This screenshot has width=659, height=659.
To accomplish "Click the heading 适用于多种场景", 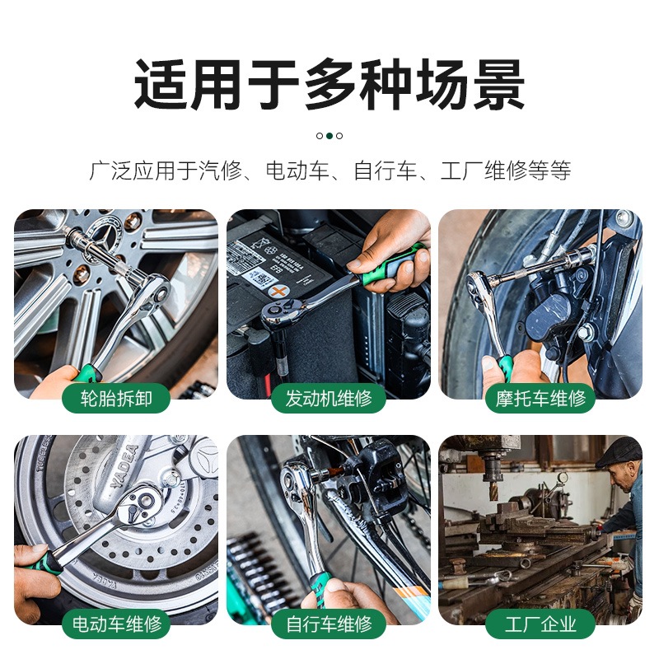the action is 329,85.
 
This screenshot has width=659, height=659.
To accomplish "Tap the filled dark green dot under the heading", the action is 329,136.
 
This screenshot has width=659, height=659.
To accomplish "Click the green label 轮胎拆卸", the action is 116,398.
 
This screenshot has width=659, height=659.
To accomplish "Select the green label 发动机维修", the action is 329,398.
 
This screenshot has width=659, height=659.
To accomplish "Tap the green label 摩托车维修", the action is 540,398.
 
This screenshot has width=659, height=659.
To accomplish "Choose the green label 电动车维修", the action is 116,624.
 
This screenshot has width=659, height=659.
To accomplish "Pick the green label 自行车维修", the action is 329,624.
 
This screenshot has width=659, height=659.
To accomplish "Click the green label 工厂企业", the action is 540,624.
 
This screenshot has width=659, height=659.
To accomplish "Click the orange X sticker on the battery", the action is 278,291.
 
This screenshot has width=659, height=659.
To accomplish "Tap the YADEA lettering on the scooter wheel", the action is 124,466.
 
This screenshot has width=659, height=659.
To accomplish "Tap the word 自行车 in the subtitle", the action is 385,171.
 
